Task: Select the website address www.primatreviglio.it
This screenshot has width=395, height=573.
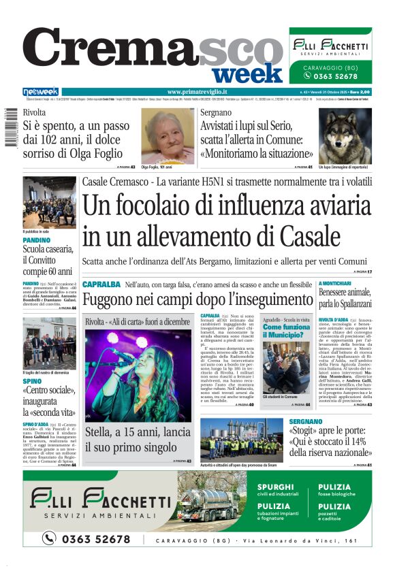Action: point(197,92)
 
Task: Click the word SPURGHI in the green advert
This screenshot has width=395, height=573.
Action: point(276,487)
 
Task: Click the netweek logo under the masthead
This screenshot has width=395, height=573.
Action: point(40,92)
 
